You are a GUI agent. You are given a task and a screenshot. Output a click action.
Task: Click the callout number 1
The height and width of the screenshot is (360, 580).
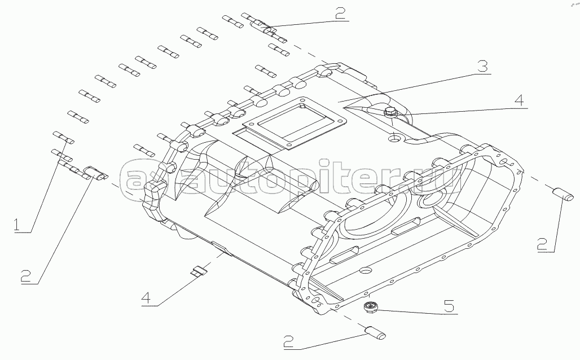pos(17,225)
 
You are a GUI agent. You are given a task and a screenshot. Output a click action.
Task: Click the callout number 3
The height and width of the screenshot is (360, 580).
pos(482,67)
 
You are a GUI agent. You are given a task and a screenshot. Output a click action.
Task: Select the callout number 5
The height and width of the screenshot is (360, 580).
pos(449,307)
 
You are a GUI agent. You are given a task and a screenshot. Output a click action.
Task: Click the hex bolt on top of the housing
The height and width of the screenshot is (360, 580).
pos(389,111)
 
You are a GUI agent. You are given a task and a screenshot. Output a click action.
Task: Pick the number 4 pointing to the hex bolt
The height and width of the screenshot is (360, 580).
pos(519,100)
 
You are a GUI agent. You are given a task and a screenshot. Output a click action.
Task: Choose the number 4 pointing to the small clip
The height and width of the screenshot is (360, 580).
pos(146,298)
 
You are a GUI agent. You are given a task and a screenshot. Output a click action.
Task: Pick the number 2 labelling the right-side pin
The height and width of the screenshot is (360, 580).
pos(542,244)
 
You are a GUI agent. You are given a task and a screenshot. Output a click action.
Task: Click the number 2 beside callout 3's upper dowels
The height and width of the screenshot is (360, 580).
pos(340,13)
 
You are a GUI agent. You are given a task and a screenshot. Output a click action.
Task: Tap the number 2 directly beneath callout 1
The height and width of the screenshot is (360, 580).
pos(25,275)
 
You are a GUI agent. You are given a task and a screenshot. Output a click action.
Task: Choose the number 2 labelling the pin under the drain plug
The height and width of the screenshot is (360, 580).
pos(289,341)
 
